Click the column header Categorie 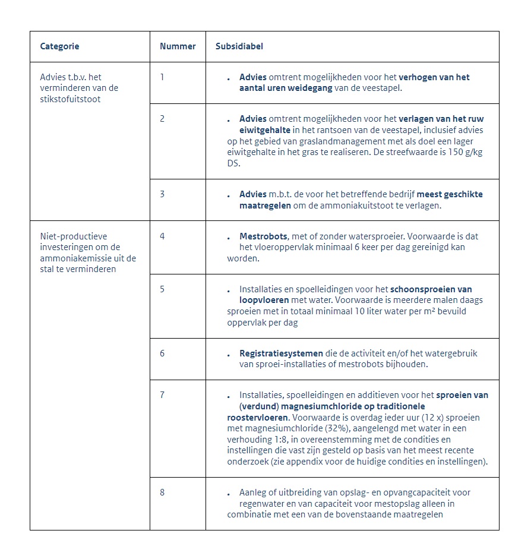tap(59, 46)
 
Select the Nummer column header tap(178, 46)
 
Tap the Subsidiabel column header tap(239, 46)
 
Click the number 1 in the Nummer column tap(162, 77)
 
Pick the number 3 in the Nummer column tap(162, 194)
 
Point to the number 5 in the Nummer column tap(162, 289)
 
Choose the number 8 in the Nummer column tap(162, 492)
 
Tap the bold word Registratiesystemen tap(281, 353)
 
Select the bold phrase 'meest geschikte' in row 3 tap(450, 194)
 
